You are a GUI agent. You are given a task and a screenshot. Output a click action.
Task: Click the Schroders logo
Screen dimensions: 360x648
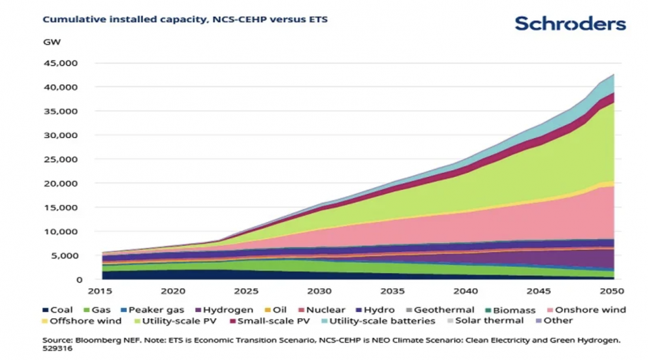click(570, 24)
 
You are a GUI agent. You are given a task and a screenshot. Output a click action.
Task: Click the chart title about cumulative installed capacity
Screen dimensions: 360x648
click(185, 20)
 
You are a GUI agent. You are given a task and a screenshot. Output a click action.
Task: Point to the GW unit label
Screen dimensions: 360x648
click(52, 42)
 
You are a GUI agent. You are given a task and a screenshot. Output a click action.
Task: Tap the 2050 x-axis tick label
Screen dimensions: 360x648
click(612, 291)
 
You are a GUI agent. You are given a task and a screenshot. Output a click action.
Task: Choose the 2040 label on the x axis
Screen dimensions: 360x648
click(466, 291)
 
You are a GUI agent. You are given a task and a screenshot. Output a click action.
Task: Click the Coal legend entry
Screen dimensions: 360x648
click(57, 310)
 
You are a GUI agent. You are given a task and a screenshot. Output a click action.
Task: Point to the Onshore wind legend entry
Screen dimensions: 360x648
click(585, 310)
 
